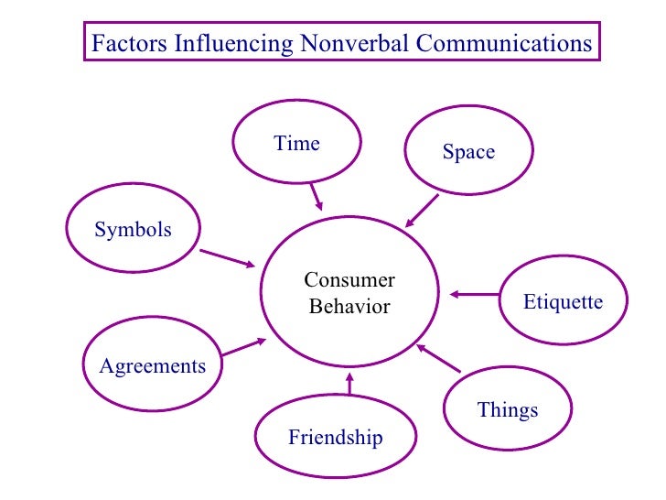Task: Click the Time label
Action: pos(296,144)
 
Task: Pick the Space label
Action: pos(468,153)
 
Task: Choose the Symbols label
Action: pos(133,229)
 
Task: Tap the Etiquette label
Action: pos(563,301)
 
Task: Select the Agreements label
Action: pos(153,366)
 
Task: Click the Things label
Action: pos(508,409)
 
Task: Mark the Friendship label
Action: pos(335,438)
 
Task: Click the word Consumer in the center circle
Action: pos(349,280)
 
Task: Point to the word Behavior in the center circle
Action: pos(349,307)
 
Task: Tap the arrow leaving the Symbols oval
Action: pos(227,258)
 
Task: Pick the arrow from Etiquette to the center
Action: pos(475,294)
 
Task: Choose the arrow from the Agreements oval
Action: pos(243,347)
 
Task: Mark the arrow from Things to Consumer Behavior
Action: pos(437,357)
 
